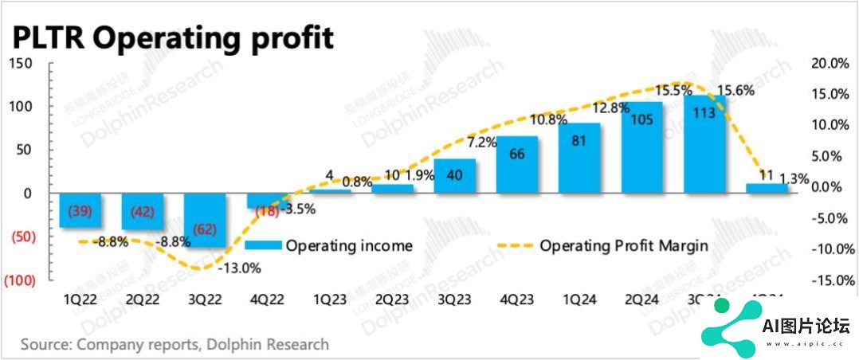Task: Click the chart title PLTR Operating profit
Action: coord(171,37)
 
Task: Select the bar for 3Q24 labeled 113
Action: coord(704,144)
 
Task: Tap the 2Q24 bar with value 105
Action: coord(642,147)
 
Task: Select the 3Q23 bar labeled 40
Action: coord(455,176)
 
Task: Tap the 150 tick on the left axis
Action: coord(21,65)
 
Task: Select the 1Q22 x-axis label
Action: coord(82,302)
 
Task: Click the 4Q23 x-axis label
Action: coord(517,302)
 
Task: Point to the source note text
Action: coord(175,344)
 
